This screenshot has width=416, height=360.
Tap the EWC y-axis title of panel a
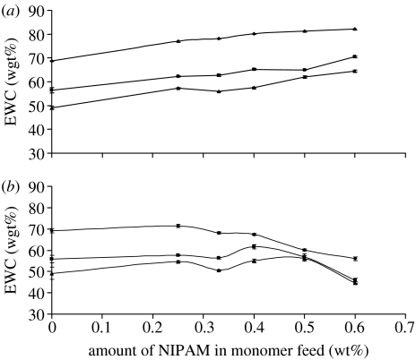(x=9, y=82)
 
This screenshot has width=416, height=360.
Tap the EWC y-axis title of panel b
(x=9, y=251)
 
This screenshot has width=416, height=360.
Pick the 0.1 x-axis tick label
(x=102, y=327)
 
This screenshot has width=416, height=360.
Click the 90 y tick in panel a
(x=38, y=13)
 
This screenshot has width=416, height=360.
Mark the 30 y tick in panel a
(x=38, y=154)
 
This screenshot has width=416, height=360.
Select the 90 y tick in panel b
(x=38, y=188)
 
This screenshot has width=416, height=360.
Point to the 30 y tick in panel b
(x=38, y=315)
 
